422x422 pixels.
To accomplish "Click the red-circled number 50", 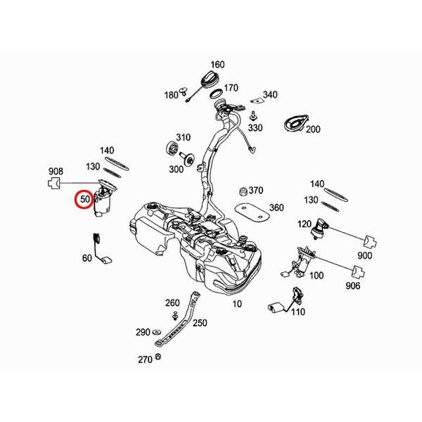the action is pyautogui.click(x=85, y=199).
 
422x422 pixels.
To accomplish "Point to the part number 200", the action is pyautogui.click(x=313, y=129).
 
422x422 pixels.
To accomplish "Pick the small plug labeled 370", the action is pyautogui.click(x=243, y=191).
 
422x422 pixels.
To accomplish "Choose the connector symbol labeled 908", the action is pyautogui.click(x=55, y=184).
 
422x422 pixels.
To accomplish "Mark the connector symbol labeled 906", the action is pyautogui.click(x=359, y=272).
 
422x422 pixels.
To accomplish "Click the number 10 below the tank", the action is pyautogui.click(x=237, y=304).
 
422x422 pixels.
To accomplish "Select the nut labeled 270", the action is pyautogui.click(x=158, y=357).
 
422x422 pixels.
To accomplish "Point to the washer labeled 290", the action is pyautogui.click(x=155, y=331).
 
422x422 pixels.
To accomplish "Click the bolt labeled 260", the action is pyautogui.click(x=175, y=315).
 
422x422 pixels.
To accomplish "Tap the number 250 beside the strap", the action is pyautogui.click(x=200, y=323).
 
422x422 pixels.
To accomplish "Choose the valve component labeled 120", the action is pyautogui.click(x=320, y=228).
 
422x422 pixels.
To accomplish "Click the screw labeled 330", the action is pyautogui.click(x=253, y=116).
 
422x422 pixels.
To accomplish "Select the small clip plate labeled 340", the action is pyautogui.click(x=257, y=101).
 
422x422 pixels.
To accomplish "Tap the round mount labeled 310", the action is pyautogui.click(x=172, y=148).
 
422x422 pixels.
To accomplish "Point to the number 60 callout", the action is pyautogui.click(x=87, y=258).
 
